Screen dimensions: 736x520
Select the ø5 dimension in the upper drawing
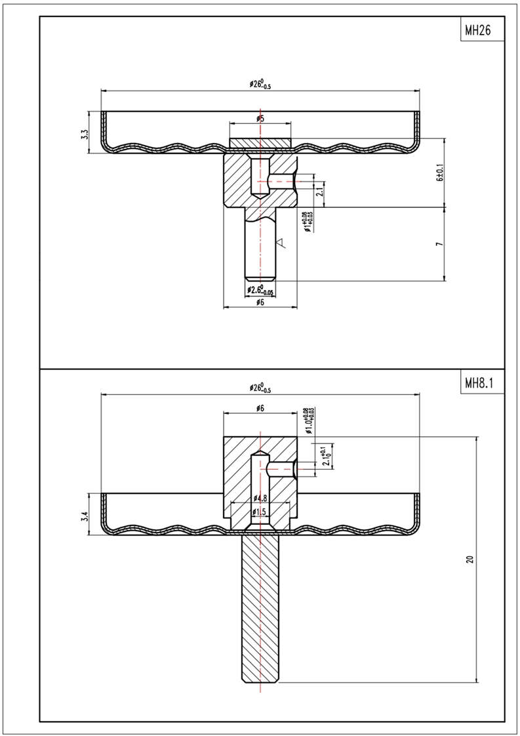260,119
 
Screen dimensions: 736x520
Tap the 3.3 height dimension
83,133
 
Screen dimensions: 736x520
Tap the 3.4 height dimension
83,515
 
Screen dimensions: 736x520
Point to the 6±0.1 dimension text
440,173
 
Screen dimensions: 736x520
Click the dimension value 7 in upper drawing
440,244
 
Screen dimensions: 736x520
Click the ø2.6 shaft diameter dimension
260,290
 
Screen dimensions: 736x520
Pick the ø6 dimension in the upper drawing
260,302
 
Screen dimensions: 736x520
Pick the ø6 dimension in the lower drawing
260,409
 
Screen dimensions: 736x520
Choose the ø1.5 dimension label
260,512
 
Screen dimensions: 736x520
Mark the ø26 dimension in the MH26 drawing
260,85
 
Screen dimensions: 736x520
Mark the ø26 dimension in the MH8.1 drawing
260,388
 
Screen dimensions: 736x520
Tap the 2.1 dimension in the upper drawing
319,191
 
